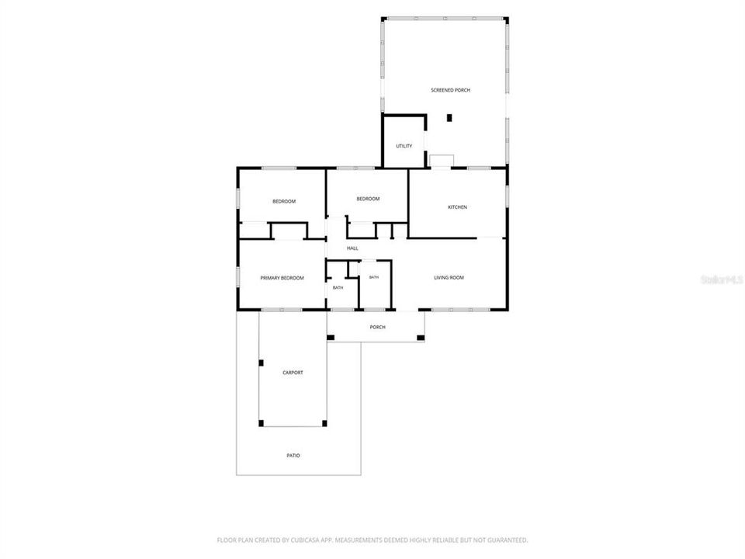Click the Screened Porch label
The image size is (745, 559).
pos(450,90)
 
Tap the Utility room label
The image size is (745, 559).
pos(404,146)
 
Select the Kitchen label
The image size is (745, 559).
pos(458,207)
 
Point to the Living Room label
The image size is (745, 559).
pos(449,278)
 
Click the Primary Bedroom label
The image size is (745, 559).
pos(282,278)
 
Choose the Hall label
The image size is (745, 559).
pos(352,248)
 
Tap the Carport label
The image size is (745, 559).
pos(293,373)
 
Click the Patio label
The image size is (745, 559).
pos(293,456)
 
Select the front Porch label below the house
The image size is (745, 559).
pos(378,327)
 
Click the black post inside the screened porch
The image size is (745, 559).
pos(449,118)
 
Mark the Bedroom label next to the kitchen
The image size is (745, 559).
pos(368,199)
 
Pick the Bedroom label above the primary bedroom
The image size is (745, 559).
pos(284,202)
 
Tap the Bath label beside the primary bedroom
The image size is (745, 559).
pos(338,287)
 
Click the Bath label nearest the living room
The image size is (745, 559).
pos(374,277)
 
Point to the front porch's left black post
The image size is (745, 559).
pos(331,338)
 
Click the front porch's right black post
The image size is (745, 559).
pos(421,338)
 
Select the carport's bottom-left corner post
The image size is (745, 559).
pos(261,423)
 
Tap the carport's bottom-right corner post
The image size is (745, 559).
pos(324,423)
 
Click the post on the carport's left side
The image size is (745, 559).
pos(261,363)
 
